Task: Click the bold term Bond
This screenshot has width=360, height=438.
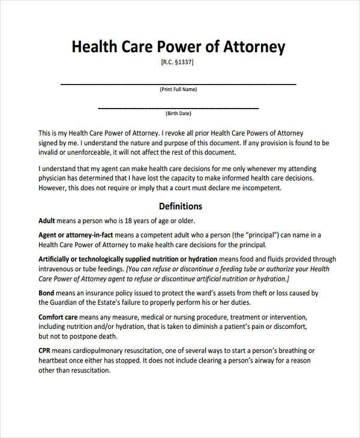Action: point(47,293)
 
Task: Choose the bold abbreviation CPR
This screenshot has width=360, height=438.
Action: point(45,351)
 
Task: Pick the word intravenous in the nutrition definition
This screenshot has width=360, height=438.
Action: point(58,269)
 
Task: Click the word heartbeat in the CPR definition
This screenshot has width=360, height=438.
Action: point(56,361)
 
